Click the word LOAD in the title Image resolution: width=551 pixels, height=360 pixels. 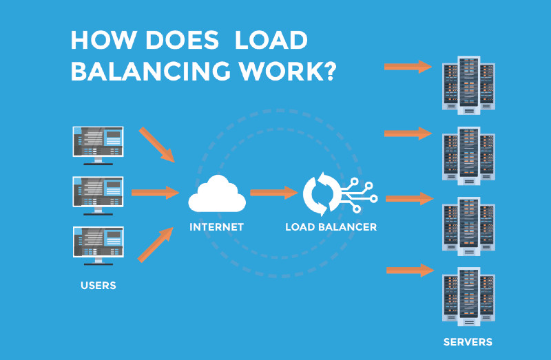pyautogui.click(x=271, y=41)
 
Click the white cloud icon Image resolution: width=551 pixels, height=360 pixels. pyautogui.click(x=217, y=193)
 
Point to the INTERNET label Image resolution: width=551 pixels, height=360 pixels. pyautogui.click(x=217, y=226)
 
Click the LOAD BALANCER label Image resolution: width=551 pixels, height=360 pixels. pyautogui.click(x=331, y=226)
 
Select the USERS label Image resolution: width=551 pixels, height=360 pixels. pyautogui.click(x=98, y=286)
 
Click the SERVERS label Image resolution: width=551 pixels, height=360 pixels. pyautogui.click(x=468, y=341)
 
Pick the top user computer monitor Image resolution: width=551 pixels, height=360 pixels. pyautogui.click(x=98, y=145)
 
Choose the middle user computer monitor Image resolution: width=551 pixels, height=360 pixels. pyautogui.click(x=98, y=194)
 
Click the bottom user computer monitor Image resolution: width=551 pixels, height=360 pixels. pyautogui.click(x=98, y=244)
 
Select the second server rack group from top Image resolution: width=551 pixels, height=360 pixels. pyautogui.click(x=468, y=155)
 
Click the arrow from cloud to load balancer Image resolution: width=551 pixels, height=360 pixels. pyautogui.click(x=273, y=193)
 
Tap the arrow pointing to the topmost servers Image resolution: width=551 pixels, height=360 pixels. pyautogui.click(x=407, y=67)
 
